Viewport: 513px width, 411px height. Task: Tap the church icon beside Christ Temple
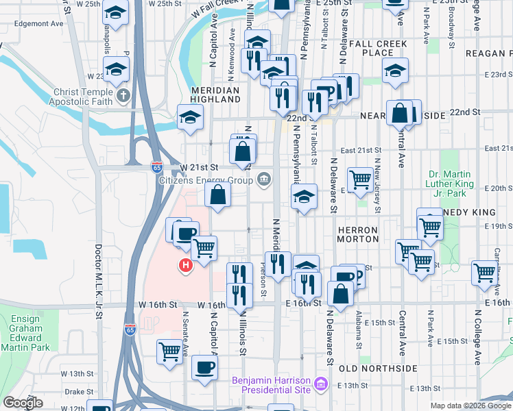click(x=123, y=95)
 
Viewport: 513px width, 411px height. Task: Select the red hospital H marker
click(x=184, y=265)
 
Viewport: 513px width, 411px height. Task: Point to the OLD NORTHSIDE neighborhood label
click(x=378, y=369)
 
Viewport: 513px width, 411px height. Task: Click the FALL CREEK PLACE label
click(x=377, y=48)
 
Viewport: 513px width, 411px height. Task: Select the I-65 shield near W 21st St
click(x=157, y=166)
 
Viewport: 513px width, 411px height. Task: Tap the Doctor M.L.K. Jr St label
click(x=99, y=282)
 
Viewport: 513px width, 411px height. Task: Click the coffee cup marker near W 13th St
click(x=204, y=367)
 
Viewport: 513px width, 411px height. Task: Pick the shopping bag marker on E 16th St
click(x=340, y=294)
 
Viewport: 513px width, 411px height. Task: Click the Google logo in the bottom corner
click(x=23, y=403)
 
